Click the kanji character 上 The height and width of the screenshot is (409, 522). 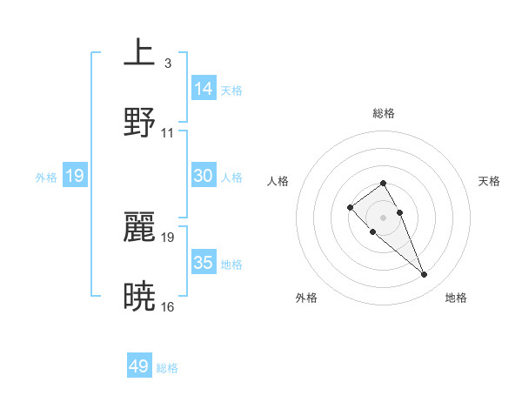[x=139, y=53]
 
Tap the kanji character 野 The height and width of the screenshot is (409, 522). [x=139, y=123]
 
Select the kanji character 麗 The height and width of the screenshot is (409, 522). [x=139, y=227]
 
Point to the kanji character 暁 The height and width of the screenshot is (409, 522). [x=139, y=297]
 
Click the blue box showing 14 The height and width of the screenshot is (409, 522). [x=204, y=89]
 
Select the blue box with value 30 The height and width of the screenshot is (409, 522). [x=204, y=176]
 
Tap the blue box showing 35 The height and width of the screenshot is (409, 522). [x=204, y=263]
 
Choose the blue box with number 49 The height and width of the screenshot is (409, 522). [x=139, y=366]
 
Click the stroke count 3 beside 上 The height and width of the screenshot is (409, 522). [x=167, y=63]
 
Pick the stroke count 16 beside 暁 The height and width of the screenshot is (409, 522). [x=168, y=306]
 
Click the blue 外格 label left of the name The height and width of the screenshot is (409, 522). [x=46, y=177]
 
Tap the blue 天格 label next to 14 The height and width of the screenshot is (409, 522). [x=231, y=90]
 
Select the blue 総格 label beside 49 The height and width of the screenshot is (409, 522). [x=167, y=368]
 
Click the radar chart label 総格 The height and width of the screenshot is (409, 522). [x=384, y=113]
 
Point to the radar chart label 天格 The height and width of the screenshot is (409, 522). [x=490, y=181]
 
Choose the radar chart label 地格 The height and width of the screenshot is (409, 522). [x=456, y=298]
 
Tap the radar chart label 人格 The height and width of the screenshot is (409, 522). [x=278, y=181]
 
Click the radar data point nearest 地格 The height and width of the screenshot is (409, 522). [x=424, y=275]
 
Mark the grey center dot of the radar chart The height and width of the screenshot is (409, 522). [x=384, y=217]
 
